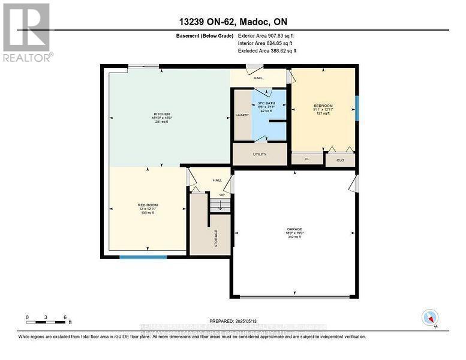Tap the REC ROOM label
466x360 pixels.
pyautogui.click(x=147, y=205)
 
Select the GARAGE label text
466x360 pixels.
pyautogui.click(x=294, y=229)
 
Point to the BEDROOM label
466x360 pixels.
pyautogui.click(x=323, y=105)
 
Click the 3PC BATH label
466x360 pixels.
pyautogui.click(x=264, y=103)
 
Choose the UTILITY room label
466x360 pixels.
pyautogui.click(x=260, y=154)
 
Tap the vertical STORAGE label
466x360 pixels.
pyautogui.click(x=215, y=238)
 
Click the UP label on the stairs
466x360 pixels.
pyautogui.click(x=222, y=195)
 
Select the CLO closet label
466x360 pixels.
pyautogui.click(x=340, y=160)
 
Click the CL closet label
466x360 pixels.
pyautogui.click(x=306, y=159)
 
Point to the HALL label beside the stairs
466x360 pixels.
pyautogui.click(x=217, y=179)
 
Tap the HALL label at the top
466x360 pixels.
pyautogui.click(x=258, y=77)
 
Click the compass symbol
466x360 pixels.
pyautogui.click(x=429, y=317)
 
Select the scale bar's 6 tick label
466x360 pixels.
pyautogui.click(x=64, y=317)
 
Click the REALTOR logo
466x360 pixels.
pyautogui.click(x=26, y=32)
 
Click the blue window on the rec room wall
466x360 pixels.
pyautogui.click(x=143, y=257)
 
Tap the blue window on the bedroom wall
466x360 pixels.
pyautogui.click(x=357, y=108)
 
